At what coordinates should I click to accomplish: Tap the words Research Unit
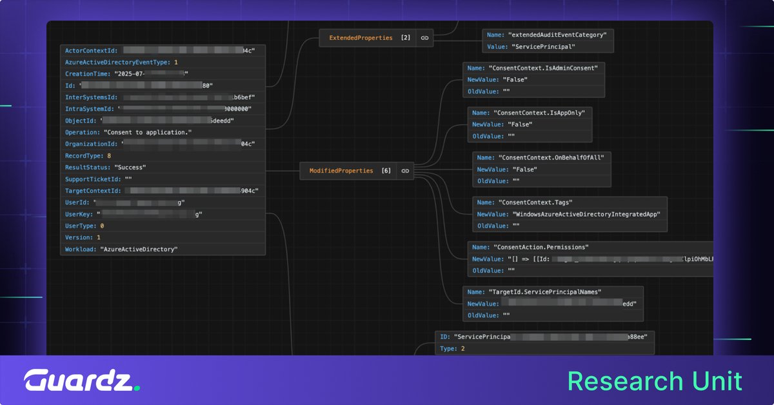655,380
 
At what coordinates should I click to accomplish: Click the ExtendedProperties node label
361,38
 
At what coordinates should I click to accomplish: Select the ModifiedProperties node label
341,171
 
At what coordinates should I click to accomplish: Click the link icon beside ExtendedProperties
424,38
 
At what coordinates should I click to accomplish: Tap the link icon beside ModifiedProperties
405,171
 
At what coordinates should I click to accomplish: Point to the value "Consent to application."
148,132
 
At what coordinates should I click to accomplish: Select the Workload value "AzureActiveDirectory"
139,249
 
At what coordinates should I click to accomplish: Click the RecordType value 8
109,156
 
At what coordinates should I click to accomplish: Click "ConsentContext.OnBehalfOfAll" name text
551,157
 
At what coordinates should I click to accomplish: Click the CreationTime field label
88,74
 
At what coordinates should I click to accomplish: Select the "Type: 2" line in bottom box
451,348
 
